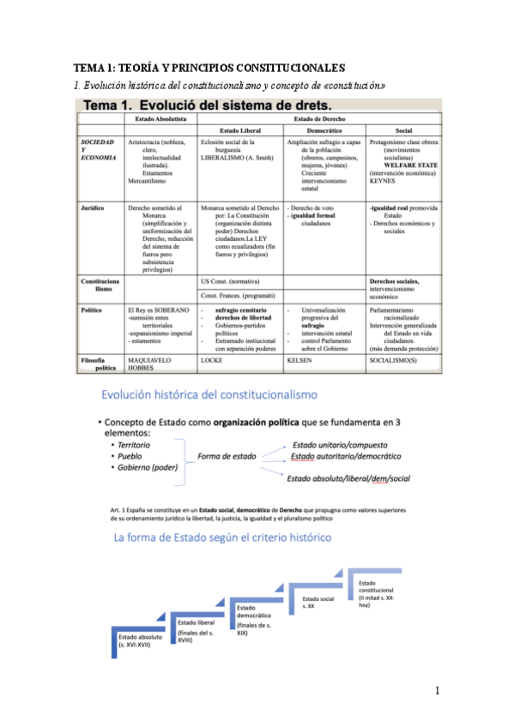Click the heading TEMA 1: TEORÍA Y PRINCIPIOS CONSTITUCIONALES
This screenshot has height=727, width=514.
pyautogui.click(x=209, y=67)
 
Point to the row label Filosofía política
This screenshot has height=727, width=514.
pyautogui.click(x=99, y=363)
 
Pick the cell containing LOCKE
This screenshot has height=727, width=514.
pyautogui.click(x=211, y=360)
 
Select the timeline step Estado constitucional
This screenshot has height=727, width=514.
pyautogui.click(x=377, y=590)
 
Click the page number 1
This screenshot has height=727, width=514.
pyautogui.click(x=437, y=690)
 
